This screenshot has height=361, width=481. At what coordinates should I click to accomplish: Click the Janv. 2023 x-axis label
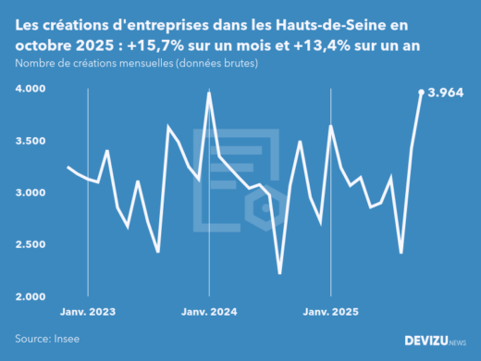(88, 313)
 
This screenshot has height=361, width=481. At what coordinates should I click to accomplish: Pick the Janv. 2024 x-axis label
(209, 313)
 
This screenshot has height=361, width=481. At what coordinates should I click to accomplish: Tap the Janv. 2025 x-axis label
(330, 313)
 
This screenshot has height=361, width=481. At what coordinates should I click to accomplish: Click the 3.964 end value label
(446, 93)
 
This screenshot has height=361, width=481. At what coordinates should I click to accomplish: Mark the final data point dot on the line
(422, 92)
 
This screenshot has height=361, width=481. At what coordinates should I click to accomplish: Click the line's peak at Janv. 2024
(209, 93)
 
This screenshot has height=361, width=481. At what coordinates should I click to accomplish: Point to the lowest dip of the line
(279, 273)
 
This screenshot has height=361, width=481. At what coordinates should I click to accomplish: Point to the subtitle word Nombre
(35, 64)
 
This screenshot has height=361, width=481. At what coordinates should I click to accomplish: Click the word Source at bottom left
(31, 339)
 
